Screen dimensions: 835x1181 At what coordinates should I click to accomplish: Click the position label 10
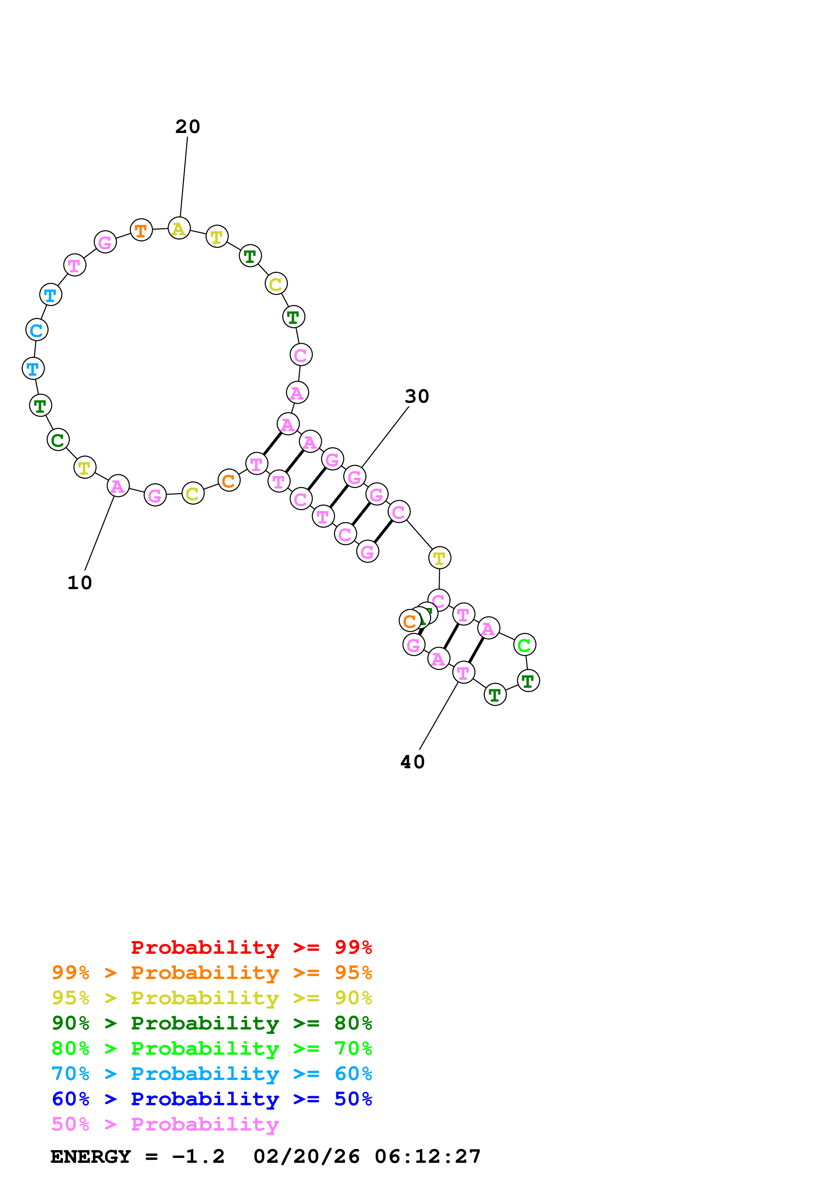[x=80, y=583]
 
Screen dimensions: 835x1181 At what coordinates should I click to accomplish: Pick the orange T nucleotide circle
[x=141, y=230]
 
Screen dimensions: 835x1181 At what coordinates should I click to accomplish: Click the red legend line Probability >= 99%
[x=251, y=947]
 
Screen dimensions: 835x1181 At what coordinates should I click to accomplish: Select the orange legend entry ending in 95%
[x=212, y=973]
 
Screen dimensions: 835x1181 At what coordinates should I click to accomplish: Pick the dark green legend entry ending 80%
[x=212, y=1023]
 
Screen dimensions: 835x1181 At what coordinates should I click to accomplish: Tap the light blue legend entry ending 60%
[x=212, y=1074]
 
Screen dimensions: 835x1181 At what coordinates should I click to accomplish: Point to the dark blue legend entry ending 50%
[x=212, y=1099]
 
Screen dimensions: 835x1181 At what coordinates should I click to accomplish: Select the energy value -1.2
[x=198, y=1156]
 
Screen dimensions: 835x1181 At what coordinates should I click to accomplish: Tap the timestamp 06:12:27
[x=427, y=1156]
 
